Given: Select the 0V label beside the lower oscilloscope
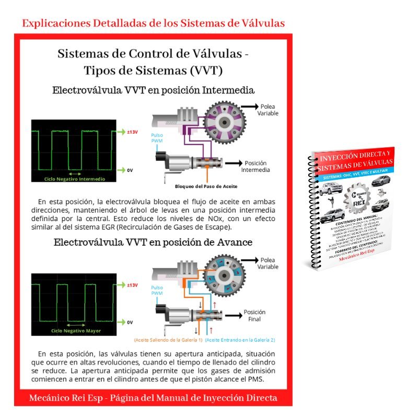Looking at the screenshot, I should coord(130,322).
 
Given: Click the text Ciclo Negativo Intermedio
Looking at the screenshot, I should coord(74,179).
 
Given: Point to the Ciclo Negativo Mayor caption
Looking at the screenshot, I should coord(76,331).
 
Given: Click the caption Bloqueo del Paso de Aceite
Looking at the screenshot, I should coord(207,185).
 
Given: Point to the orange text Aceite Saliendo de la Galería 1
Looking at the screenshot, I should coord(168,340).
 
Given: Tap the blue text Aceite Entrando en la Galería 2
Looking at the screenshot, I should coord(240,340).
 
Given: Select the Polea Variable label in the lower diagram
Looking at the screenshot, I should coord(267,263).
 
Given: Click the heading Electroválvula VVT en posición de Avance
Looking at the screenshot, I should coord(153,242).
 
